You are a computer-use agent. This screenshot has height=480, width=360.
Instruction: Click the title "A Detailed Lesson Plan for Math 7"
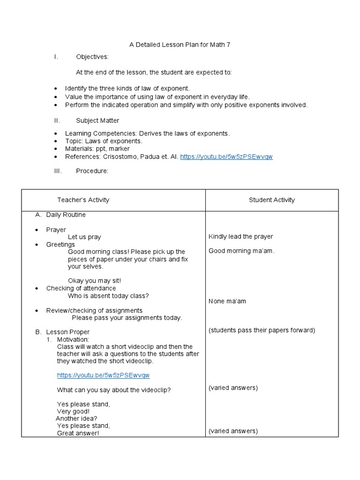click(180, 45)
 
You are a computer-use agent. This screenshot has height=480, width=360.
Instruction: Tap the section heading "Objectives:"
click(92, 57)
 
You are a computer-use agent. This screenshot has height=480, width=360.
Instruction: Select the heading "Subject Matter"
click(97, 120)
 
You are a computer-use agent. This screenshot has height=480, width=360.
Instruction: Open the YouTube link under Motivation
click(103, 375)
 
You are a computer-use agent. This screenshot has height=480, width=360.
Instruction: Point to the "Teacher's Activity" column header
click(83, 200)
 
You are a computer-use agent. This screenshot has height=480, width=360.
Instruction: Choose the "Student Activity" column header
click(272, 200)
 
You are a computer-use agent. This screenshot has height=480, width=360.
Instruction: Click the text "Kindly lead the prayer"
click(240, 236)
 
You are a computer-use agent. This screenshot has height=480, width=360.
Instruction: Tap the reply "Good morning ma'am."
click(241, 251)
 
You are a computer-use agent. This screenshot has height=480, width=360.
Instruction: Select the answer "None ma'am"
click(227, 301)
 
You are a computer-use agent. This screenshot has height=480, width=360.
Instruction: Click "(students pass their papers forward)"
click(262, 330)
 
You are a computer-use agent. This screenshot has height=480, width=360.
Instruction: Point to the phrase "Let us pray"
click(84, 237)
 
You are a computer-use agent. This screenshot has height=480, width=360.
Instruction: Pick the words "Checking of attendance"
click(81, 288)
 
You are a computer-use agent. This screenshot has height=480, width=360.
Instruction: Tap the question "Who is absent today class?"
click(108, 296)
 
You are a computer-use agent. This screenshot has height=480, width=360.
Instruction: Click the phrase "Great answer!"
click(78, 434)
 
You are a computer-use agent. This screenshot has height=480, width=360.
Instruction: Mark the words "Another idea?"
click(76, 419)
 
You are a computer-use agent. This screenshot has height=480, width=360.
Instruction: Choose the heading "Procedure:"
click(92, 171)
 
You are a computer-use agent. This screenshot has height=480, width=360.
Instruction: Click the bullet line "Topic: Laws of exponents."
click(104, 141)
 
